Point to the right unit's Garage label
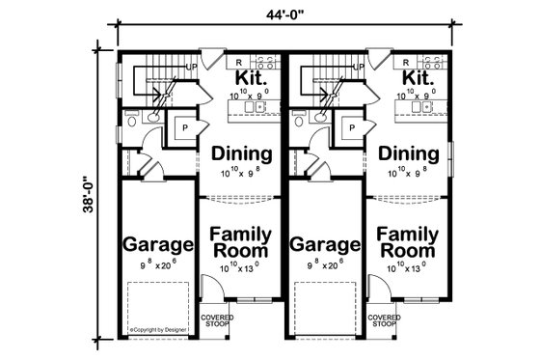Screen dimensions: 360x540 point(321,243)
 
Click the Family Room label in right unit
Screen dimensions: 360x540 point(405,242)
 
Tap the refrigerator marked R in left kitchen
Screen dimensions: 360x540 point(237,61)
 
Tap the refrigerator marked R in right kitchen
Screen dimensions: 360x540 point(405,61)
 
